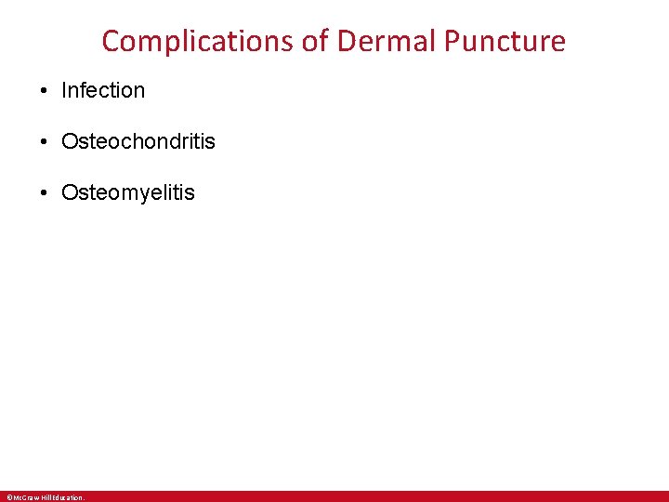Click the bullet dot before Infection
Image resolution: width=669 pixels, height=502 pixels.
point(44,91)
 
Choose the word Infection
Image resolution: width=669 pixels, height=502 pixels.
point(103,91)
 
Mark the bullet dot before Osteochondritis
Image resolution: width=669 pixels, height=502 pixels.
point(44,142)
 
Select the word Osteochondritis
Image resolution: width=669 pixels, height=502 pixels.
point(138,142)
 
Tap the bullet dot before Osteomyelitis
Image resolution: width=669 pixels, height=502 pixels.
point(44,193)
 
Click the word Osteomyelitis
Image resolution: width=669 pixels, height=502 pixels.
point(128,193)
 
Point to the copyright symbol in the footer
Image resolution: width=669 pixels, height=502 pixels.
point(8,497)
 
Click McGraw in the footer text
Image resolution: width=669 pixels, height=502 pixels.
point(25,497)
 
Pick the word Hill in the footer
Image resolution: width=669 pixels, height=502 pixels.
point(45,497)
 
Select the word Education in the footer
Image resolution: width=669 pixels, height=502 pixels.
point(67,497)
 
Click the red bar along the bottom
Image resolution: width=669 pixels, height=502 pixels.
point(372,496)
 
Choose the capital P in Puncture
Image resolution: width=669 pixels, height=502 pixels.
point(452,41)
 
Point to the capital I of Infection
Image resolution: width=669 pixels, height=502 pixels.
point(64,91)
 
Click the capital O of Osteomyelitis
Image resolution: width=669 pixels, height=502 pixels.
point(69,193)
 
